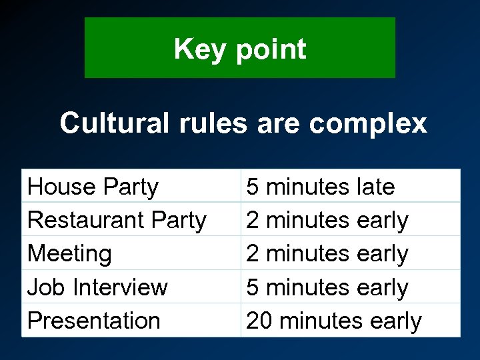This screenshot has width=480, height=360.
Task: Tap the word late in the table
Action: coord(375,187)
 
